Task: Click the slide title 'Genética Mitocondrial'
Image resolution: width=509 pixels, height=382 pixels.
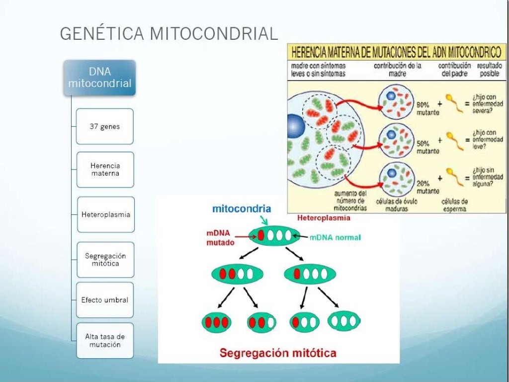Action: [169, 33]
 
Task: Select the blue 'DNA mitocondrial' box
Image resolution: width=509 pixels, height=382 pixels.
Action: [100, 78]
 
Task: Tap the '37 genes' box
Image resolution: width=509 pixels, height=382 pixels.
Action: [105, 126]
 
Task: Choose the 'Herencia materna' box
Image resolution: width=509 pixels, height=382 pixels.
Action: [105, 170]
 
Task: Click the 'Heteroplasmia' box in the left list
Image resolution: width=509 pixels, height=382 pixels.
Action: [105, 214]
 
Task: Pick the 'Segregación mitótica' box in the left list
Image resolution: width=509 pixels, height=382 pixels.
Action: [105, 260]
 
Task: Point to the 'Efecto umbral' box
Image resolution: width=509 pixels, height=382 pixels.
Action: [105, 300]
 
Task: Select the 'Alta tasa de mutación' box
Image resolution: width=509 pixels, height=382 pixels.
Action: [105, 341]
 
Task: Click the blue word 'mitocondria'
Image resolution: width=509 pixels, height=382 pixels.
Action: [242, 209]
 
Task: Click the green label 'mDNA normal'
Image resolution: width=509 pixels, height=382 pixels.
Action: [335, 238]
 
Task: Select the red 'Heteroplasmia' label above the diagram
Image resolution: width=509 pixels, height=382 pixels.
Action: [323, 218]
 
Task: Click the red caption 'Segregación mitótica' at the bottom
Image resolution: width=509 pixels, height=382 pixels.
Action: [278, 353]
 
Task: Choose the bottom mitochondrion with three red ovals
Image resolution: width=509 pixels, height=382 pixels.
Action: [217, 322]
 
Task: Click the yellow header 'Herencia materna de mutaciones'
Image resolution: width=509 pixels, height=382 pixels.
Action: [395, 52]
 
